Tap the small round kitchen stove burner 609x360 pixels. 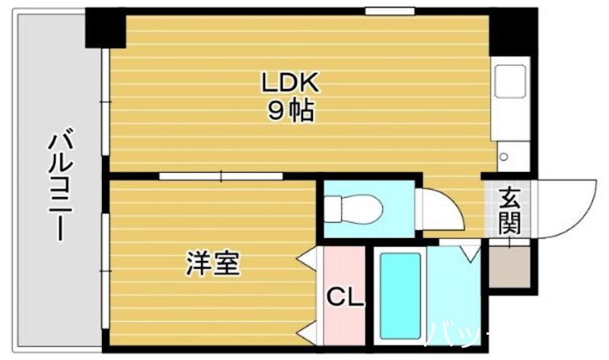coord(503,157)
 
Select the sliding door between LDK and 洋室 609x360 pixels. coord(221,177)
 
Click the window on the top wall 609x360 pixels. coord(389,11)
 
